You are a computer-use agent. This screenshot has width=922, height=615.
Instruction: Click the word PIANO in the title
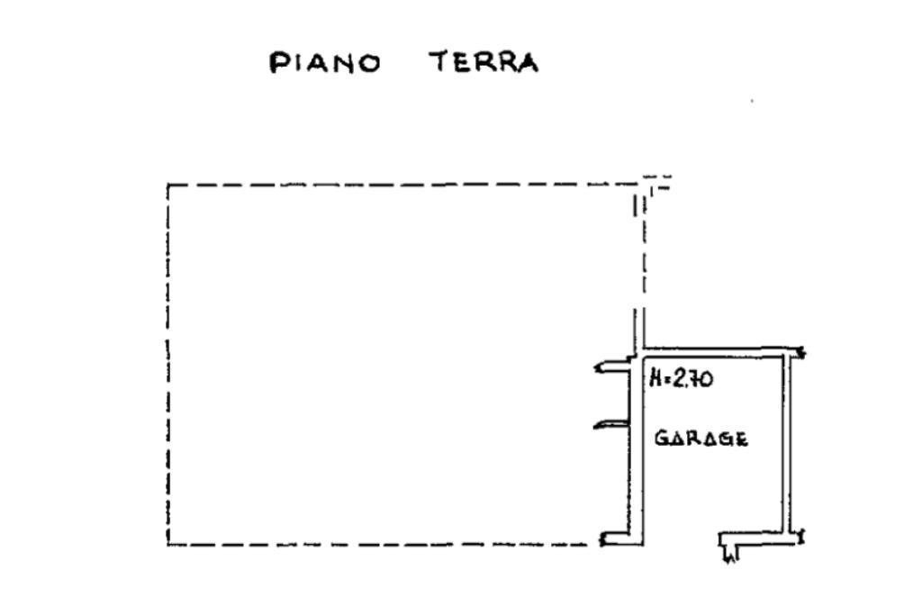point(325,64)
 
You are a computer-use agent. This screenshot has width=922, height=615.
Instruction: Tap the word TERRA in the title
point(484,63)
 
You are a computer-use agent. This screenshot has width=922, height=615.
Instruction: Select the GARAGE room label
point(701,439)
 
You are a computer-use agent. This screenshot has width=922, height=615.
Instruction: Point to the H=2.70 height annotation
point(681,380)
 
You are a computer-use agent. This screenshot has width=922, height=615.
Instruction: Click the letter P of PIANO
point(279,64)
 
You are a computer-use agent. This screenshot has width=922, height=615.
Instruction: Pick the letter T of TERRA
point(438,63)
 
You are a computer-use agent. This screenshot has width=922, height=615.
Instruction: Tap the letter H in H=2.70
point(655,380)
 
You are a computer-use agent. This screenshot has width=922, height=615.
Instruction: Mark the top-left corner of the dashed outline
point(168,185)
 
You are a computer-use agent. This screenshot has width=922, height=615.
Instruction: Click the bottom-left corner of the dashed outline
point(168,544)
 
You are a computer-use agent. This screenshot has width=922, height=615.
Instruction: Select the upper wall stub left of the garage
point(610,366)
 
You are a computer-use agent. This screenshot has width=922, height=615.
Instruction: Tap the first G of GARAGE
point(660,439)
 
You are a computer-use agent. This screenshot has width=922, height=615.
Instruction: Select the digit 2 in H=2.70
point(680,380)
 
